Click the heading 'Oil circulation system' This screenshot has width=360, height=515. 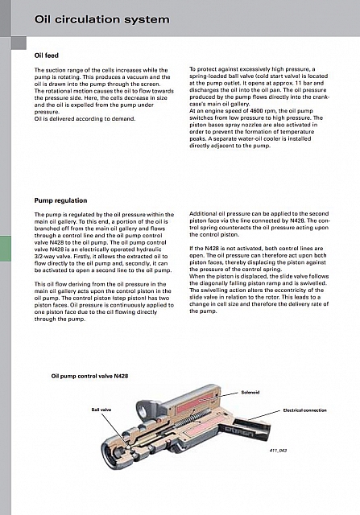click(x=102, y=19)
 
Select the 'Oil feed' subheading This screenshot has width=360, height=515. click(x=47, y=56)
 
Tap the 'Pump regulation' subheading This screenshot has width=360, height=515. click(x=61, y=200)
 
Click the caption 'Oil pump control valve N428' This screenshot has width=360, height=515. click(x=89, y=376)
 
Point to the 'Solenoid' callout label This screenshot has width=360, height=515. click(x=250, y=392)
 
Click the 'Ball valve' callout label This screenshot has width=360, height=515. click(x=101, y=410)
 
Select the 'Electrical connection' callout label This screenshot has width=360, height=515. click(x=304, y=410)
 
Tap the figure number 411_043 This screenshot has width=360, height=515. click(x=278, y=451)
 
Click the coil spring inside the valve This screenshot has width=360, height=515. click(x=192, y=417)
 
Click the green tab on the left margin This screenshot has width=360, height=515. click(x=6, y=249)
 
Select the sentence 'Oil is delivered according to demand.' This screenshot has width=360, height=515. click(x=85, y=118)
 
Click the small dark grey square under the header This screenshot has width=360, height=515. click(x=19, y=43)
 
